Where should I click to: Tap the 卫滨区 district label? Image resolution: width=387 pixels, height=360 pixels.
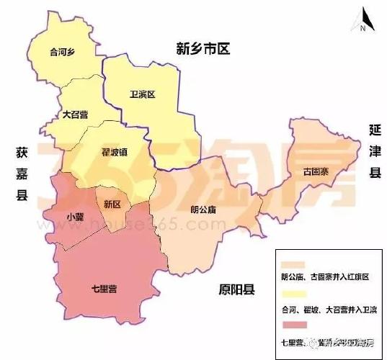(142, 94)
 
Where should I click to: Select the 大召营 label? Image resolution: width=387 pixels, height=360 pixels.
(76, 113)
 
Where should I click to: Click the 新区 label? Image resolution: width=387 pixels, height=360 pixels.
(112, 204)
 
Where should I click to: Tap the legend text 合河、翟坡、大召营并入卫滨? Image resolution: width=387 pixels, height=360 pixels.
(329, 309)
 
